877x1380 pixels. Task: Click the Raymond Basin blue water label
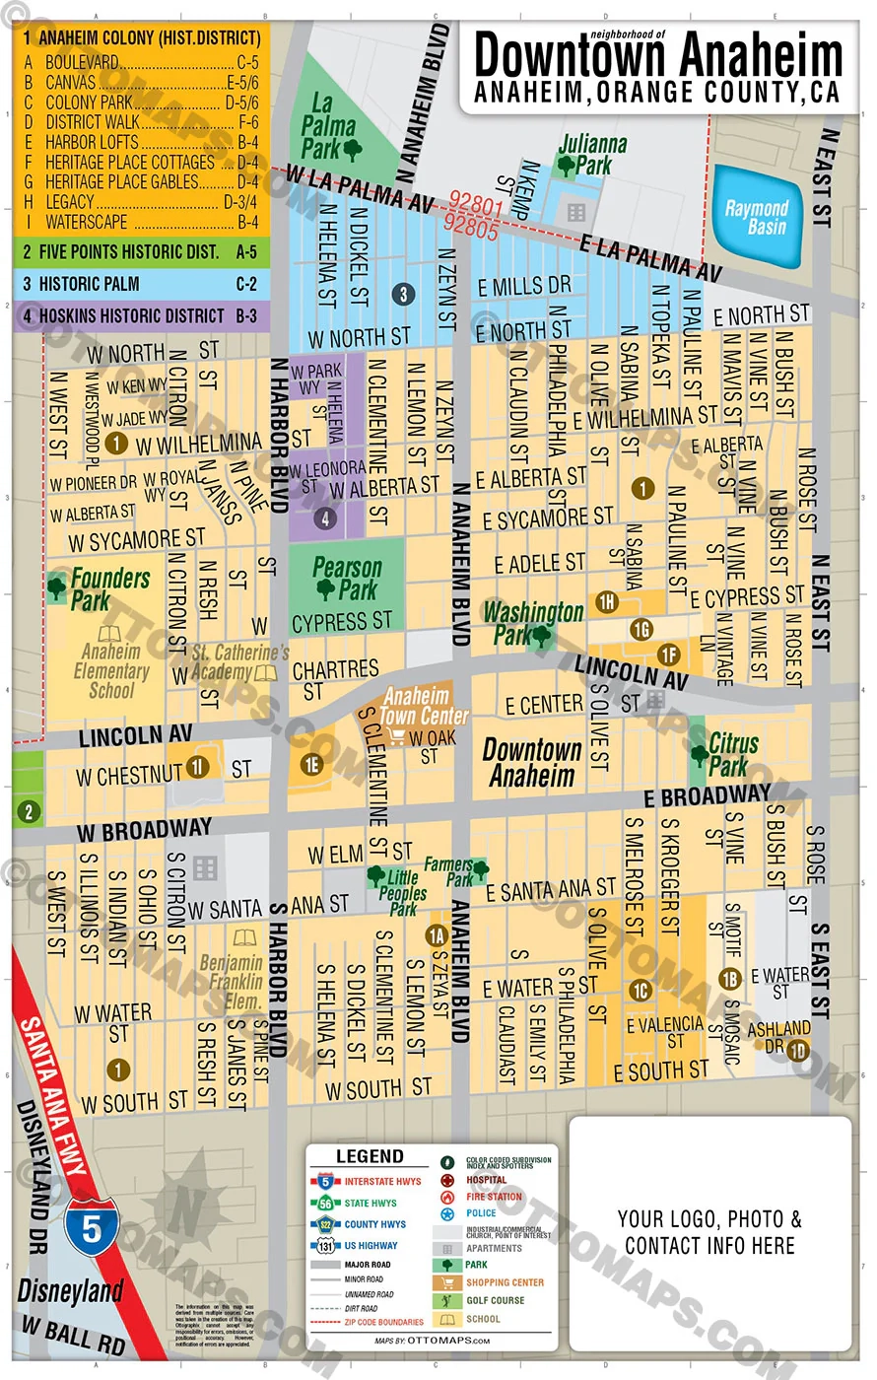coord(757,217)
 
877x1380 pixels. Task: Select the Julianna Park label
coord(592,155)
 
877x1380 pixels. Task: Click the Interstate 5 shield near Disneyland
coord(92,1229)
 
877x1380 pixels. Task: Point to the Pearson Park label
coord(347,579)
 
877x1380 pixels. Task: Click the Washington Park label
coord(532,623)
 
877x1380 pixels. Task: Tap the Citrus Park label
coord(733,754)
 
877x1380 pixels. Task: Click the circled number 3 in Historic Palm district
coord(402,294)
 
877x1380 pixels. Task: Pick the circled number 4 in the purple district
coord(325,517)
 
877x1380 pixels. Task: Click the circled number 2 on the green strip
coord(29,811)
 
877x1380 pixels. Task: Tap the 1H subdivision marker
coord(607,601)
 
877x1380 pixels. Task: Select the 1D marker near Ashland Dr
coord(797,1051)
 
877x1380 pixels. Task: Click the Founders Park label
coord(109,588)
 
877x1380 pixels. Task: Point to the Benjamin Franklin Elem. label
coord(232,982)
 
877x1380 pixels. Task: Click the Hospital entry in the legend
coord(486,1180)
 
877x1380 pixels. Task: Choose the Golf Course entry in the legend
coord(495,1300)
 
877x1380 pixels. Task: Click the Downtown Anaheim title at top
coord(658,56)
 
